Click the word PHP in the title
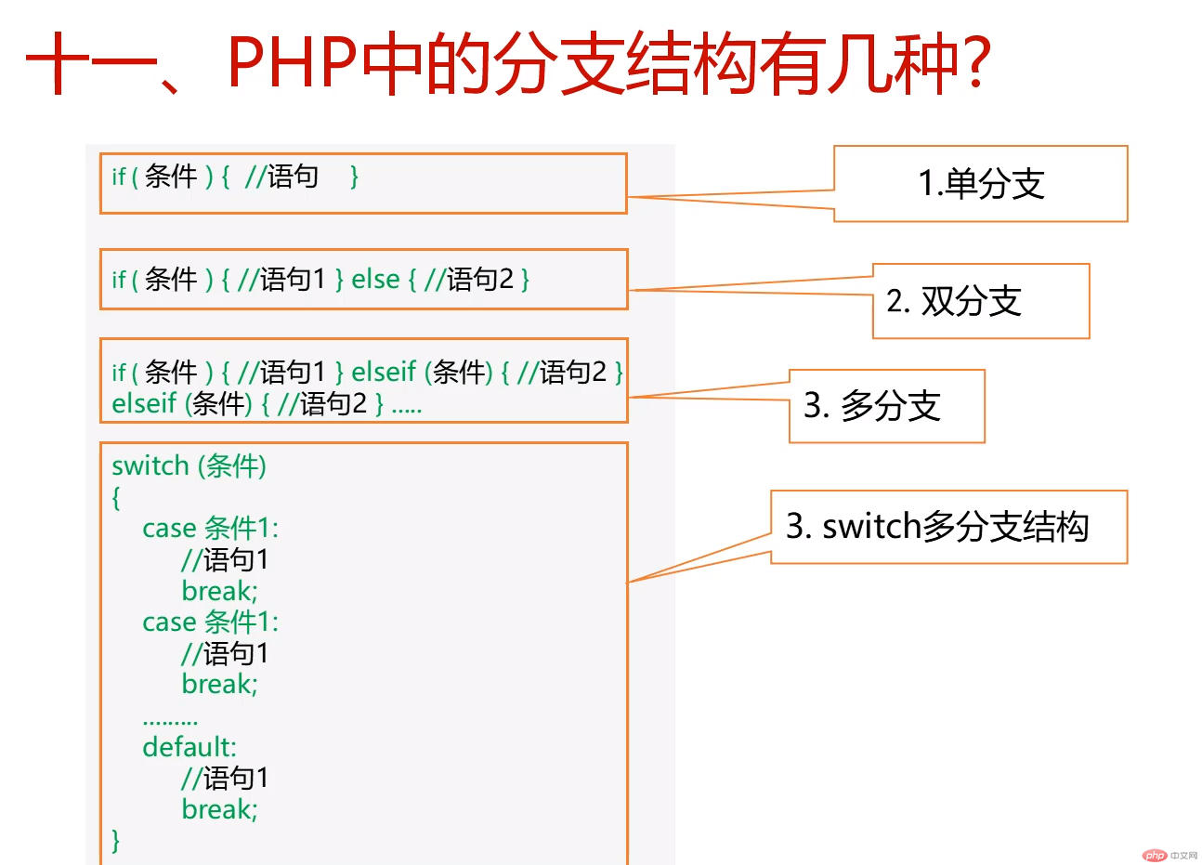(292, 63)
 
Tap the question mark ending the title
(974, 63)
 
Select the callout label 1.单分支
(981, 184)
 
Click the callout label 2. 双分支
(954, 301)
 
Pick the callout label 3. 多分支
(872, 406)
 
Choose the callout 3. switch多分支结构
(937, 527)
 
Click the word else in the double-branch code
(375, 279)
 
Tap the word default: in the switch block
(189, 747)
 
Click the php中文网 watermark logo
(1169, 855)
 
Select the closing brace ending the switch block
(116, 840)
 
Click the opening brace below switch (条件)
(116, 498)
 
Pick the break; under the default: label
(219, 809)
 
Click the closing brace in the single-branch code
(354, 177)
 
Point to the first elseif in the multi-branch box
(384, 372)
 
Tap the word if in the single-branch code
(118, 177)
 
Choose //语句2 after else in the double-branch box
(469, 279)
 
